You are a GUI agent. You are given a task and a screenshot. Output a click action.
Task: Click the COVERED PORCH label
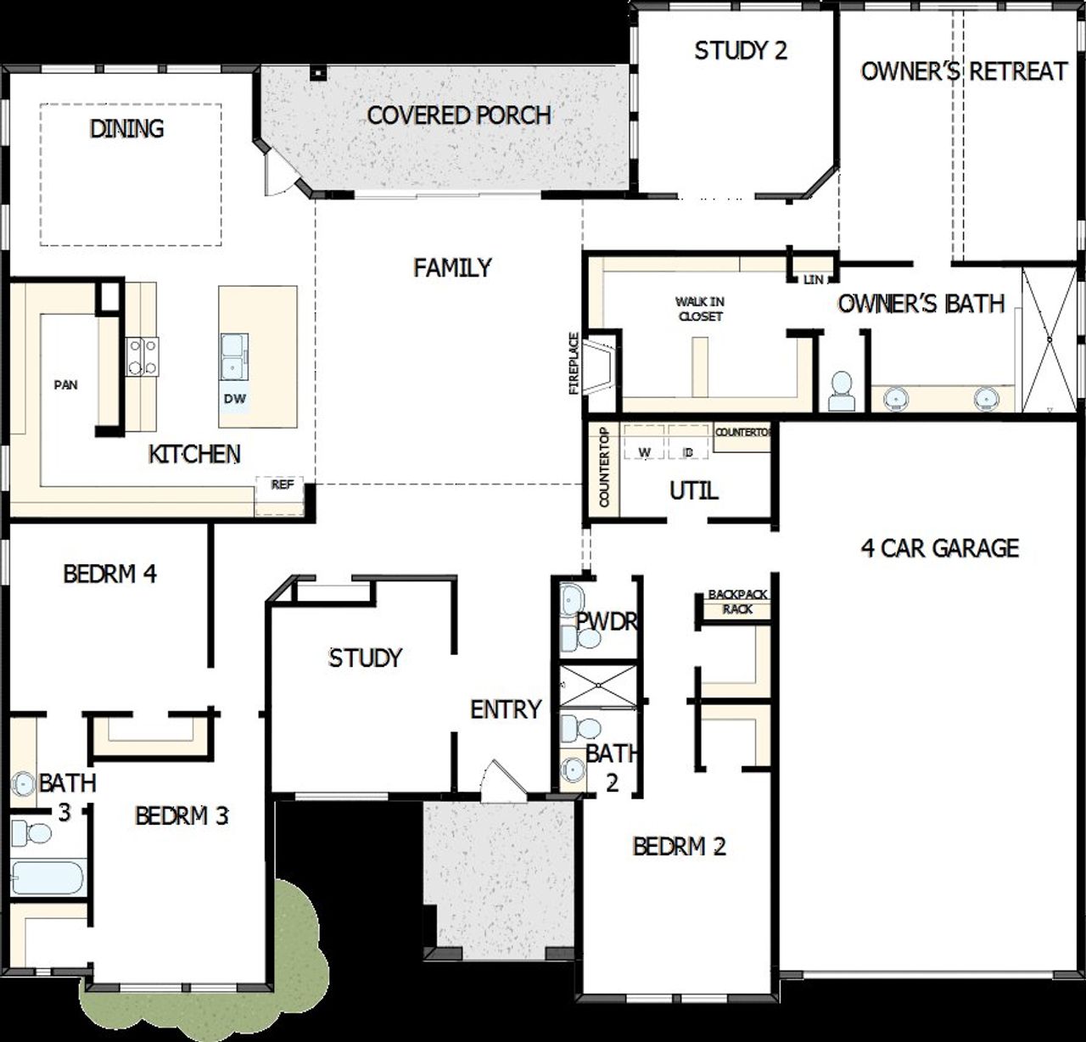point(459,115)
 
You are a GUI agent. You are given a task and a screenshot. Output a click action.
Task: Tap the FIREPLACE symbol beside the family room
point(603,364)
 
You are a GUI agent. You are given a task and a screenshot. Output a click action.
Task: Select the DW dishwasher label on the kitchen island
point(235,398)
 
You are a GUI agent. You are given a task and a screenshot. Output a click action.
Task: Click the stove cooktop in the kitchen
point(143,356)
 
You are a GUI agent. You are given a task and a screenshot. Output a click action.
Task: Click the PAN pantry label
point(65,385)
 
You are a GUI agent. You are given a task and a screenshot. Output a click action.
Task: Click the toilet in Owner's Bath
point(841,391)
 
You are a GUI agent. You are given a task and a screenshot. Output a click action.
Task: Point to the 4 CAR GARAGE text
point(940,548)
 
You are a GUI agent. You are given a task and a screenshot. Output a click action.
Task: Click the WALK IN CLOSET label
point(700,309)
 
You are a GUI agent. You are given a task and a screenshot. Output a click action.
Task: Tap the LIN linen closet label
point(813,280)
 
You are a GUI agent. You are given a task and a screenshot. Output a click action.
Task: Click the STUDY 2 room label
point(741,51)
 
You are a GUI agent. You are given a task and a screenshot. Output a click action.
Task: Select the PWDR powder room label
point(607,622)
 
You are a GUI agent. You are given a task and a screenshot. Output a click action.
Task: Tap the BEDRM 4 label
point(110,574)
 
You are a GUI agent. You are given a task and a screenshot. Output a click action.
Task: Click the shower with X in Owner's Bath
point(1050,339)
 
